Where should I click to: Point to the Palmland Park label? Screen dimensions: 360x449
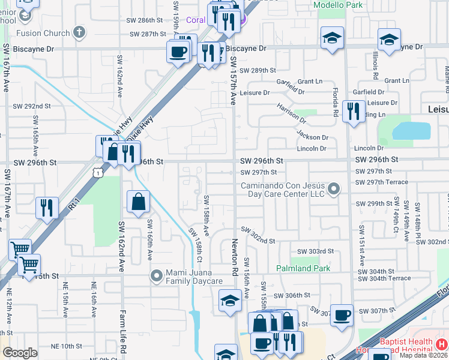[303, 268]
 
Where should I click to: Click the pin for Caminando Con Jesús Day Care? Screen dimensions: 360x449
[334, 190]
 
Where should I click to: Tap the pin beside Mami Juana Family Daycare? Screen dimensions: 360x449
[157, 275]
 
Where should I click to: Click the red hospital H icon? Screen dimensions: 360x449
[442, 344]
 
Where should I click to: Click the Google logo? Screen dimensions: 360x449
[20, 353]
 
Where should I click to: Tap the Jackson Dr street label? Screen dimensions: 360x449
[312, 137]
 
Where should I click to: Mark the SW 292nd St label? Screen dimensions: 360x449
[32, 106]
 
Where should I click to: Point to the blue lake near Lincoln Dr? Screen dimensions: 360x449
[411, 131]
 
